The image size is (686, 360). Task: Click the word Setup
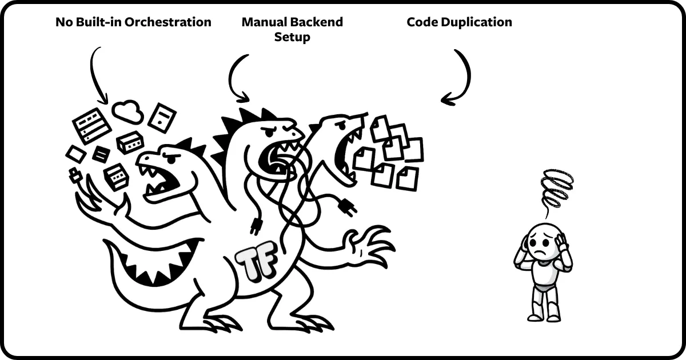click(292, 38)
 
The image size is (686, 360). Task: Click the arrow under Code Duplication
click(460, 77)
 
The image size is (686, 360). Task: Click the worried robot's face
click(541, 243)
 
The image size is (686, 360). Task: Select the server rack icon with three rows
click(91, 125)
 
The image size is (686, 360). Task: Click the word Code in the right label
click(419, 23)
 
